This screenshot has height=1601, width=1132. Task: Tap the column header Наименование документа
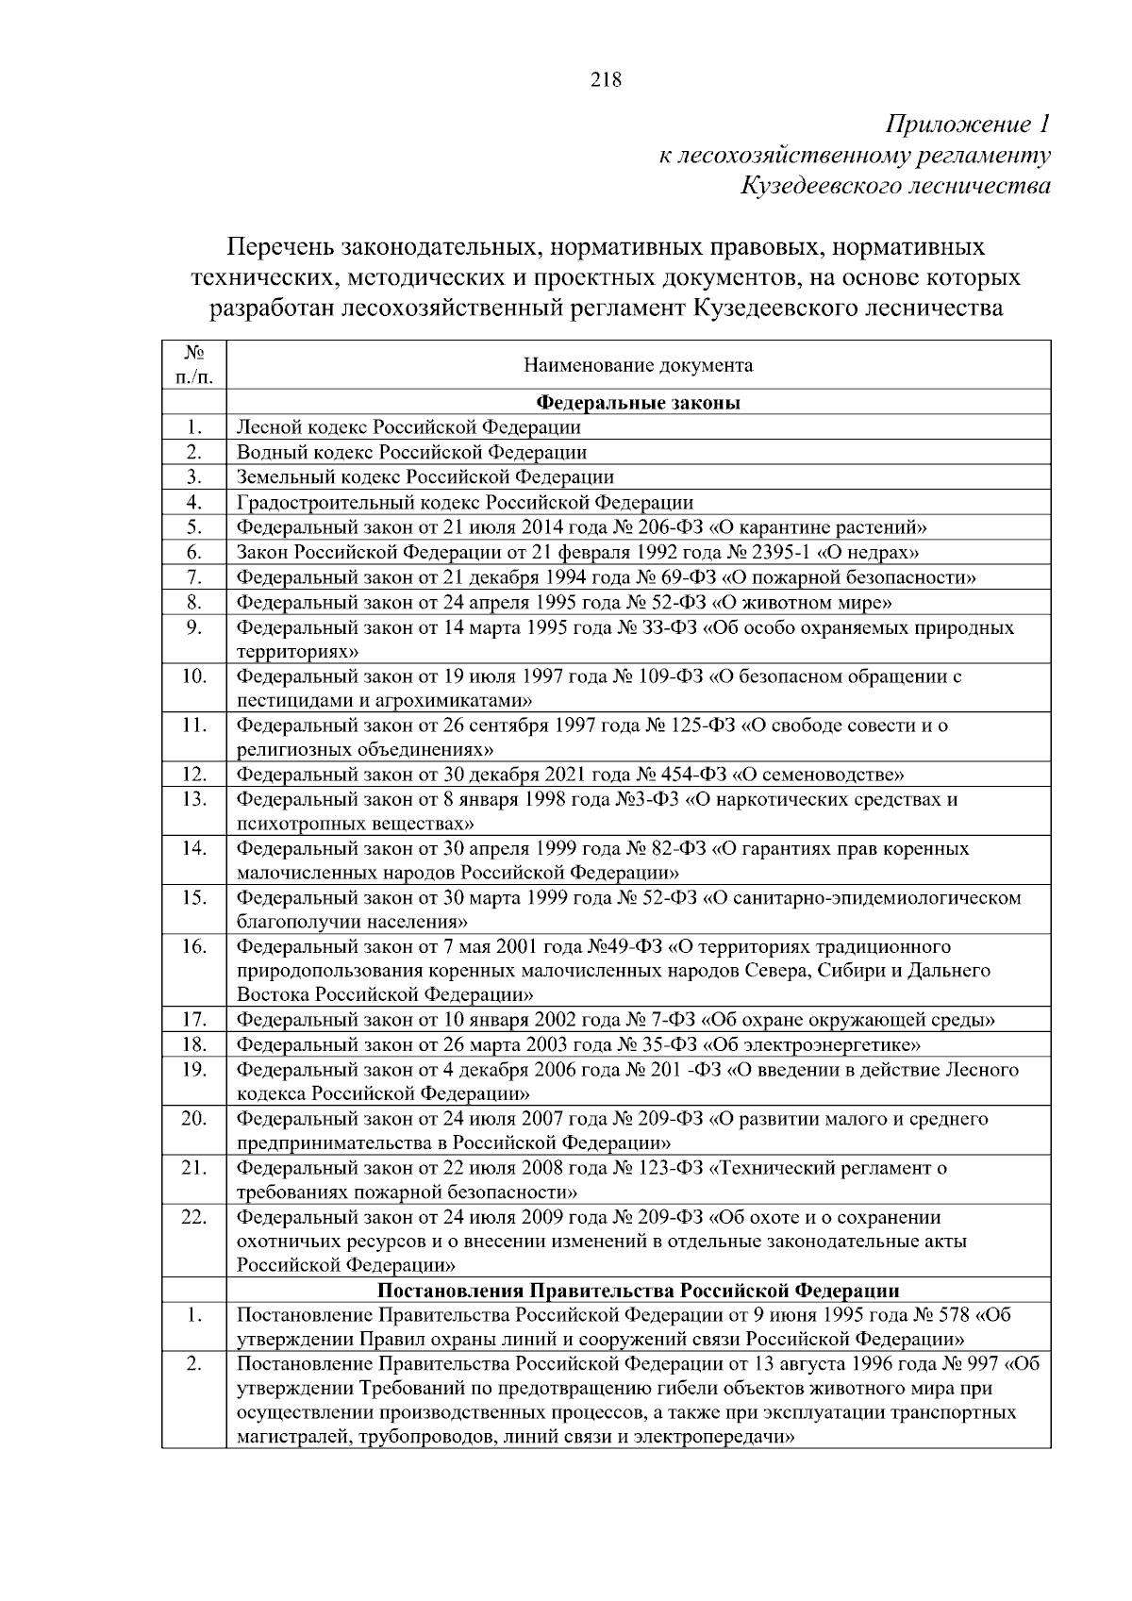coord(638,365)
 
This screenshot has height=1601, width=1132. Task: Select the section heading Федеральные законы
coord(638,403)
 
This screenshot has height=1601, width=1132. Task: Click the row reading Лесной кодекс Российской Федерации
coord(408,427)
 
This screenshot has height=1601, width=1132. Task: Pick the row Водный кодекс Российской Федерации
coord(411,452)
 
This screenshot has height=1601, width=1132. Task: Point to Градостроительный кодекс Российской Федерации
coord(464,502)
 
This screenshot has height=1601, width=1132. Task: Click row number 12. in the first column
coord(193,775)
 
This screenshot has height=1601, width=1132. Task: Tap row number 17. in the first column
coord(193,1020)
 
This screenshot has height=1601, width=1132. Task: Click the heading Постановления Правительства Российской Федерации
coord(638,1291)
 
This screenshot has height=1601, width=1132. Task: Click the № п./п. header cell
coord(193,365)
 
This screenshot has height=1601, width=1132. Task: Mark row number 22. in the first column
coord(193,1217)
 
